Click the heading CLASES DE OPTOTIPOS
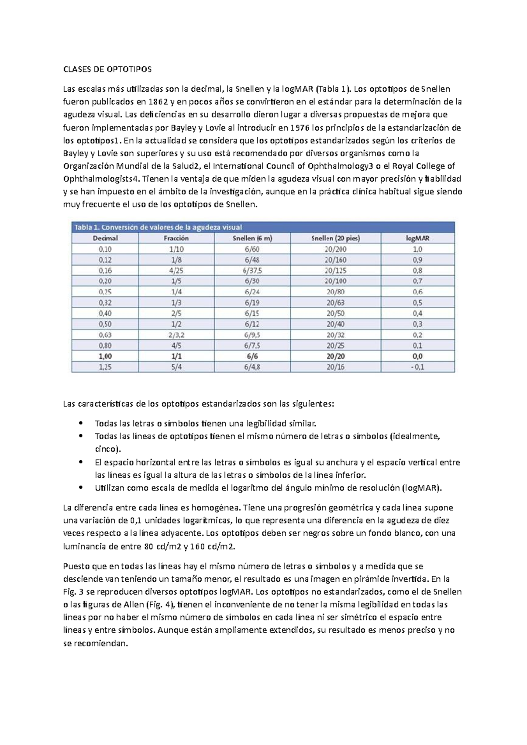click(107, 69)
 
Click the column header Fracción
click(176, 238)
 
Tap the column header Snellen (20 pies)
click(336, 238)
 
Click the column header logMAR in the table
click(417, 238)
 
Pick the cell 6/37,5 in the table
click(252, 271)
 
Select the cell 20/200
click(336, 249)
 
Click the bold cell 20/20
click(336, 356)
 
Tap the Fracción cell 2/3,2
click(176, 335)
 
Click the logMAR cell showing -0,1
click(417, 367)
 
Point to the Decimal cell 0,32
click(105, 303)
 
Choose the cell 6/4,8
click(252, 367)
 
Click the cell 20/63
click(336, 303)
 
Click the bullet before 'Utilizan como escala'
click(80, 487)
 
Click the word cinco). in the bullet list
click(107, 449)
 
